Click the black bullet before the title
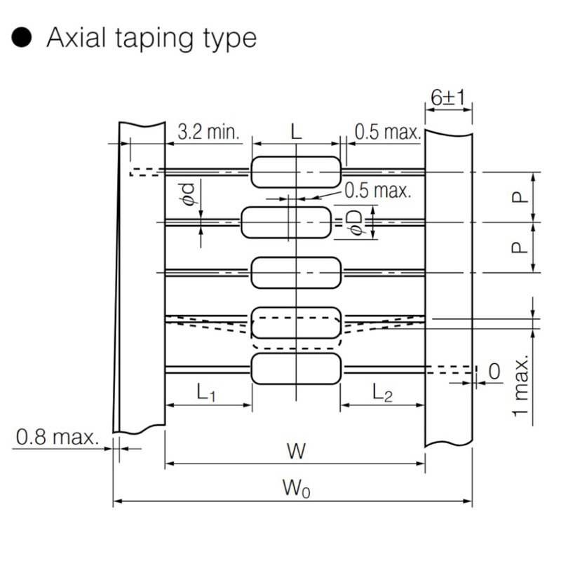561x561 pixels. pyautogui.click(x=22, y=37)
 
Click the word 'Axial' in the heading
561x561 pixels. pyautogui.click(x=76, y=37)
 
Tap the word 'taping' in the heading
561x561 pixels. pyautogui.click(x=154, y=39)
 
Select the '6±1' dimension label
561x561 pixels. pyautogui.click(x=448, y=97)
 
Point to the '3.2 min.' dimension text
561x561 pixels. pyautogui.click(x=208, y=132)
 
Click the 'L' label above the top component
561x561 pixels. pyautogui.click(x=296, y=132)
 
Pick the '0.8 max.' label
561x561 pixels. pyautogui.click(x=58, y=437)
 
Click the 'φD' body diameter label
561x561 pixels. pyautogui.click(x=356, y=222)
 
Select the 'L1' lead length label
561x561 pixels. pyautogui.click(x=206, y=392)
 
